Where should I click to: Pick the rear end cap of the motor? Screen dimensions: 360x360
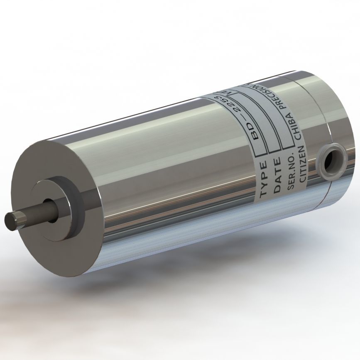(332, 116)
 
